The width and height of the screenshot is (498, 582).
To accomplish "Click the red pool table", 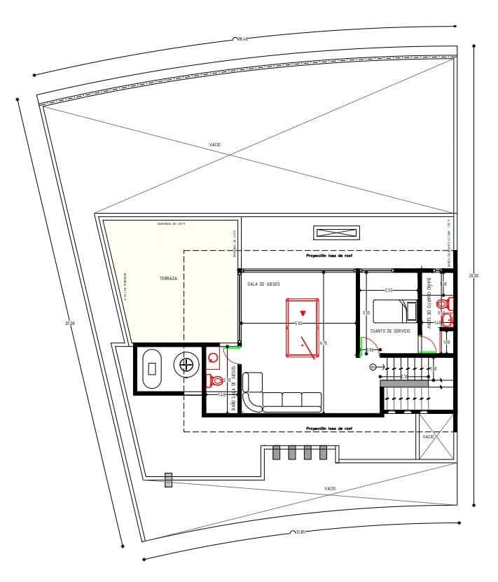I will click(303, 328).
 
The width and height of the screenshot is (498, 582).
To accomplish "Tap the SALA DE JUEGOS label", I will click(263, 284).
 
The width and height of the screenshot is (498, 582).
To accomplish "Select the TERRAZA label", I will click(168, 278).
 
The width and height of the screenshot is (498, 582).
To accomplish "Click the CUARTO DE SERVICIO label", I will click(390, 331).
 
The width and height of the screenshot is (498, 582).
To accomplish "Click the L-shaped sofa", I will click(280, 397).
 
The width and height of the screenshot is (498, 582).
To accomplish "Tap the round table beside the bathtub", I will click(187, 364).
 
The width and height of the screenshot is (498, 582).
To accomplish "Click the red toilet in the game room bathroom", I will click(216, 381).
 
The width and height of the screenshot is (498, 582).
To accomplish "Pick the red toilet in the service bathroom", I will click(443, 305).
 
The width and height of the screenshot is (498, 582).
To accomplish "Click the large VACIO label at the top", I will click(215, 145).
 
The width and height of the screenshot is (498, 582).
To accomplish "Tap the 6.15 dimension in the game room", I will click(323, 342).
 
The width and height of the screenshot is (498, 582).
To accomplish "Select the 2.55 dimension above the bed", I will click(389, 290).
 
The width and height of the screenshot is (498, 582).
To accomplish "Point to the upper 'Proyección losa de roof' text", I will click(328, 256).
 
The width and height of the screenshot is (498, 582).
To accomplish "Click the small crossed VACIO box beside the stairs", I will click(429, 436).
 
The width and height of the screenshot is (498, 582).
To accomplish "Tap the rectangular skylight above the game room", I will click(336, 233).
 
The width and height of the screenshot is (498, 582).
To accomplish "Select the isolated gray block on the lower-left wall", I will click(168, 480).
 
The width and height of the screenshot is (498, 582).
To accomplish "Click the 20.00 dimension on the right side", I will click(473, 276).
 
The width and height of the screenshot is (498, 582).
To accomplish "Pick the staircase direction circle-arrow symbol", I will click(373, 366).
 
